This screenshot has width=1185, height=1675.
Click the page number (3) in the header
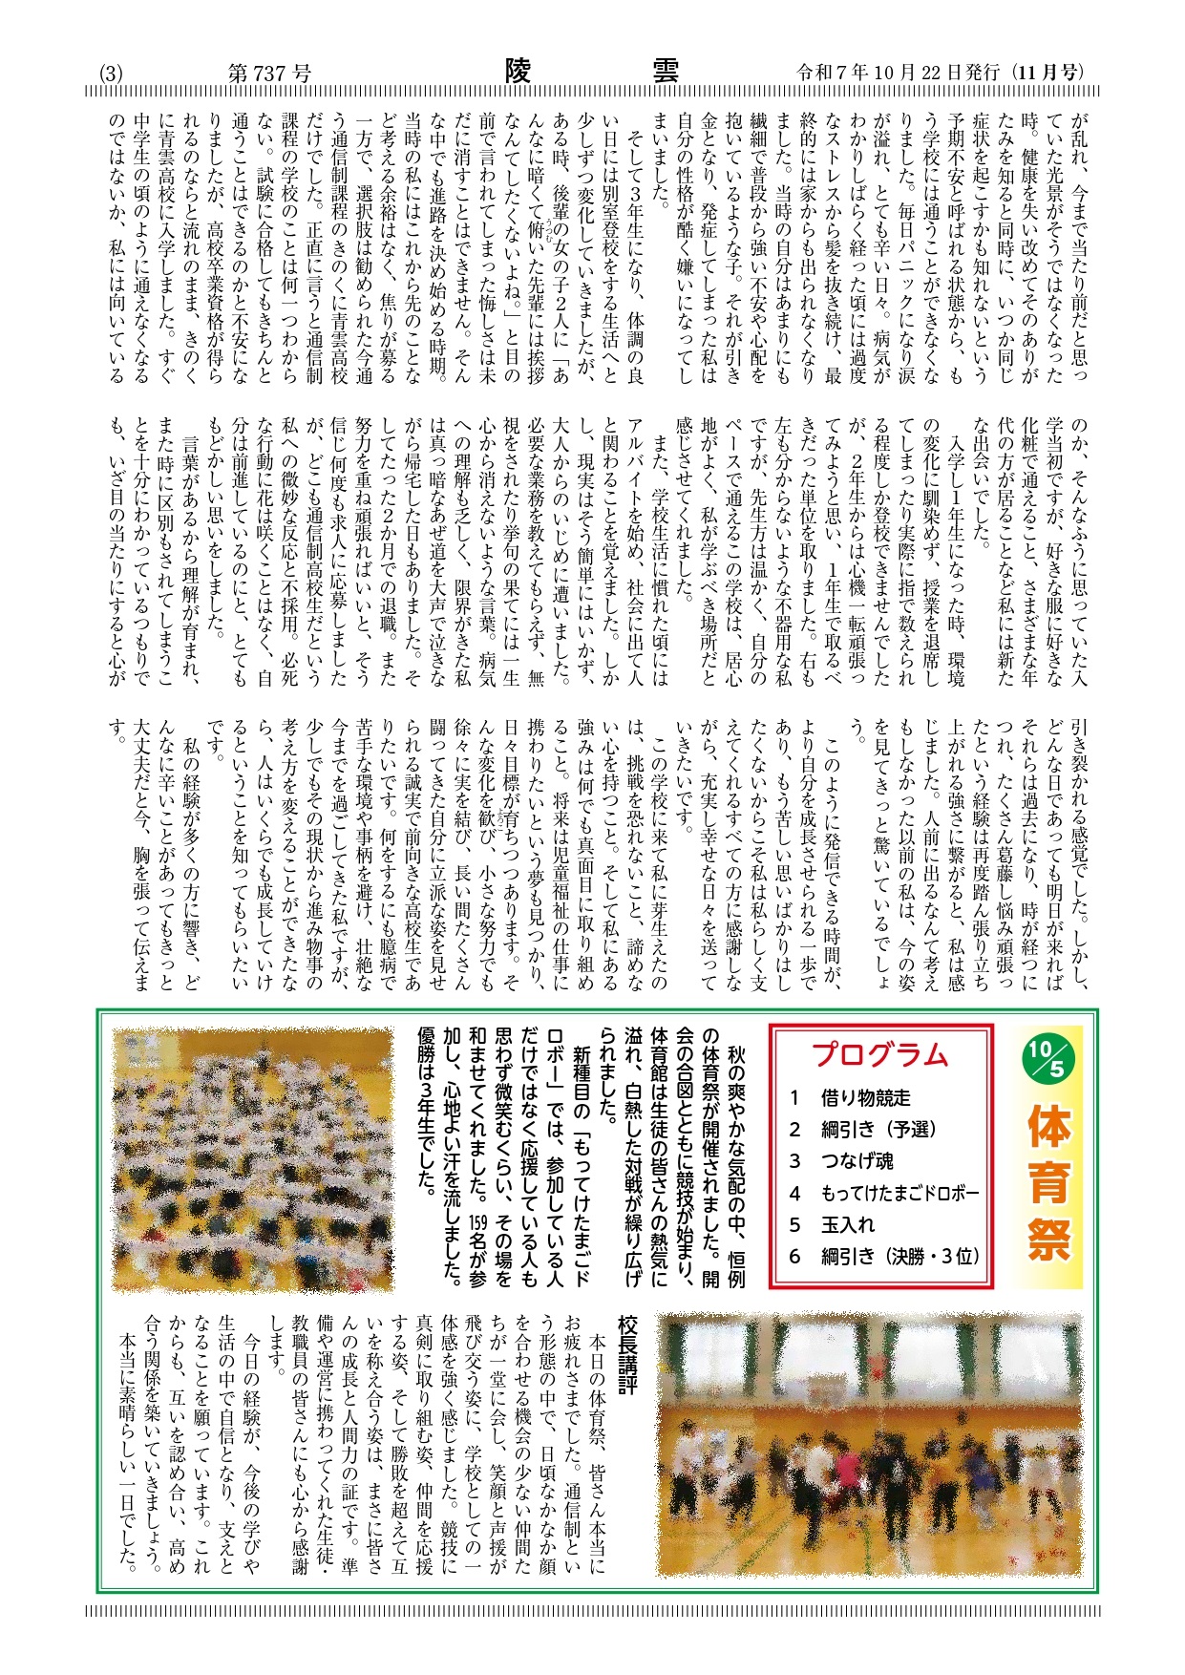coord(111,74)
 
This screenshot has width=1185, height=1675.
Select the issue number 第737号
coord(269,74)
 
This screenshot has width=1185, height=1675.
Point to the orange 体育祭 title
coord(1048,1184)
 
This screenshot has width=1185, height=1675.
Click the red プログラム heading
coord(880,1054)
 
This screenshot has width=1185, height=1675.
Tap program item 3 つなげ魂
coord(844,1161)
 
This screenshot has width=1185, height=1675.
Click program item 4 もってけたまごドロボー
coord(885,1193)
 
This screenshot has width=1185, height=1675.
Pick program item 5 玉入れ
coord(835,1224)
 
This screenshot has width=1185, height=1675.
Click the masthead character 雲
coord(665,72)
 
